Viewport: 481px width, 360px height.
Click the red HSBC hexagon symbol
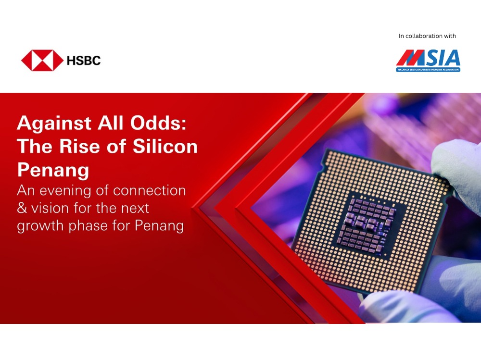pos(42,61)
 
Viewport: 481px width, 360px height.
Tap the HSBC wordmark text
pos(84,61)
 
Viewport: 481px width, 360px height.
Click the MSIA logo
pos(428,61)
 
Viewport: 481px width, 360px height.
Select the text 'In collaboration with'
pos(427,36)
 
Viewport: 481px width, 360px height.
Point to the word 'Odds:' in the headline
pos(158,123)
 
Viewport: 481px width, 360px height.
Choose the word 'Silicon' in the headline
pos(165,146)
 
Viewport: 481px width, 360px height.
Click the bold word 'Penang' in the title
pos(53,170)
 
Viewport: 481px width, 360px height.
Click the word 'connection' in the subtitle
pos(150,191)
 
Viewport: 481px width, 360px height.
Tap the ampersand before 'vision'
pos(22,208)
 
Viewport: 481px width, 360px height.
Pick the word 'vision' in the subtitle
pos(50,208)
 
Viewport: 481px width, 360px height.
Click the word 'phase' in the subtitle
pos(88,226)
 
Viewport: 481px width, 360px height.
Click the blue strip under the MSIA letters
pos(428,70)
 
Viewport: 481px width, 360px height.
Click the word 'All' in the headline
pos(111,123)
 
